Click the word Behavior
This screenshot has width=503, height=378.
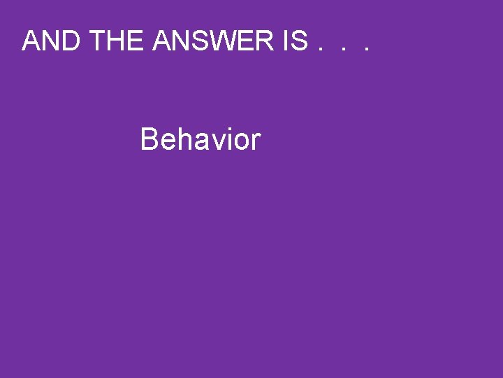pos(200,139)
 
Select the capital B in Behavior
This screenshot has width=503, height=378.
pos(150,139)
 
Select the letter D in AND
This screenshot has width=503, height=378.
pos(72,42)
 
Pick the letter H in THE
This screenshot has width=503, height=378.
pos(117,42)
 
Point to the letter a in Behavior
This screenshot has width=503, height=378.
pos(198,142)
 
